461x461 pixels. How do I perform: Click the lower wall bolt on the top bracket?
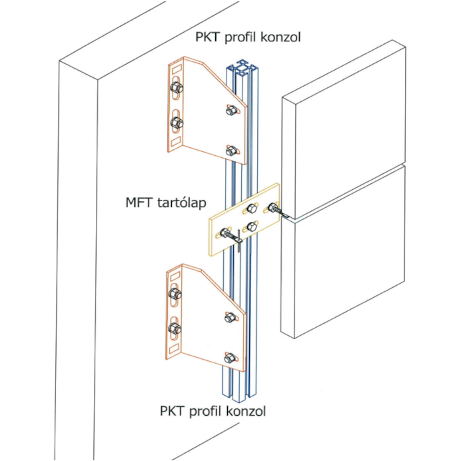click(177, 123)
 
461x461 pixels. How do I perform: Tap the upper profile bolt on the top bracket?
click(231, 111)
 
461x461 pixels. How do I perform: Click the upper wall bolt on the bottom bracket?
click(176, 292)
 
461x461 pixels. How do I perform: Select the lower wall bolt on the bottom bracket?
click(176, 328)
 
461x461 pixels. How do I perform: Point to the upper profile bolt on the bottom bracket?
click(230, 318)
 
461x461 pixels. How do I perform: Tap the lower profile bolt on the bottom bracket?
click(230, 358)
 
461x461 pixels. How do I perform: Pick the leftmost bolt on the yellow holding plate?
click(224, 234)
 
